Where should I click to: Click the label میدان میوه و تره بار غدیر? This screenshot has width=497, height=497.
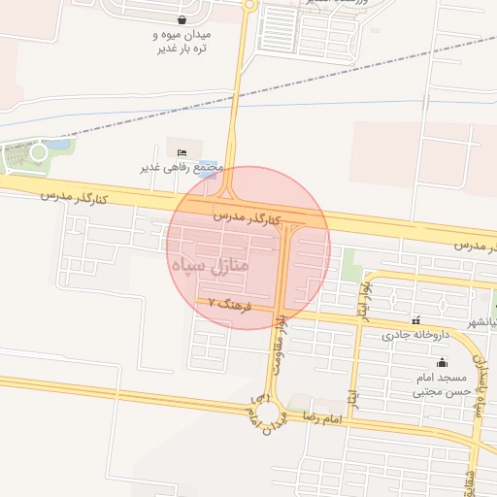point(182,42)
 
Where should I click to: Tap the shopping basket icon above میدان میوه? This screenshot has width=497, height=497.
point(182,18)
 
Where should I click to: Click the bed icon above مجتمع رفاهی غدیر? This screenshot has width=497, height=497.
point(182,152)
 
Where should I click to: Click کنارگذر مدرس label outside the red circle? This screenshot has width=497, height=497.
point(74,197)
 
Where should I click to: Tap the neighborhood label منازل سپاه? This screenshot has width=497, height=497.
point(209,264)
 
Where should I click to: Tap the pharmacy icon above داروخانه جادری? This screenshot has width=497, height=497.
point(416,320)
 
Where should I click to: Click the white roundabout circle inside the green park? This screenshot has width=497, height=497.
point(39,151)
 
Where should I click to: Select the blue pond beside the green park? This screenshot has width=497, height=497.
point(60,146)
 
